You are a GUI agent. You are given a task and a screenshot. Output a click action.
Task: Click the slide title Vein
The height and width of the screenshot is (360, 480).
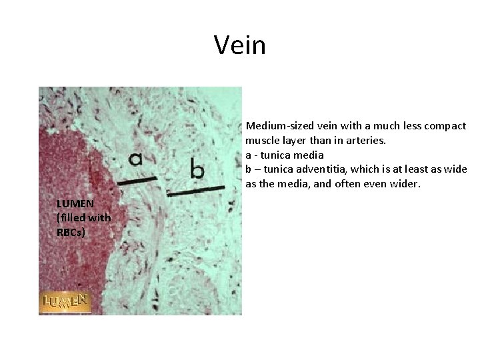pyautogui.click(x=240, y=45)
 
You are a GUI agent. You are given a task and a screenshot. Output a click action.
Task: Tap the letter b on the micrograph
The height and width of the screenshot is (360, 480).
pyautogui.click(x=197, y=169)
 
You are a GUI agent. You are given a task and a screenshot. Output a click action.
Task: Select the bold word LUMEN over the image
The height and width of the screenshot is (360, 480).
pyautogui.click(x=75, y=203)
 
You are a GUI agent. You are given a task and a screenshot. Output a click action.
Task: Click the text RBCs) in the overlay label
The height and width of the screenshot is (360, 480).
pyautogui.click(x=71, y=232)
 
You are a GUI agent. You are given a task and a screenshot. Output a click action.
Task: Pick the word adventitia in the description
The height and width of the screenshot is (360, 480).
pyautogui.click(x=317, y=169)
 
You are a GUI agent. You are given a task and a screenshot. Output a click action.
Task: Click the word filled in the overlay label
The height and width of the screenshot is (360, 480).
pyautogui.click(x=72, y=217)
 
